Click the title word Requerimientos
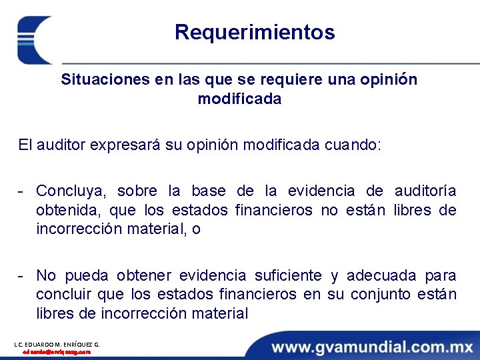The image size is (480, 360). click(x=255, y=32)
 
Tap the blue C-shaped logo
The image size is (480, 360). click(x=33, y=40)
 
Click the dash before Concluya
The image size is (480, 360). click(x=22, y=191)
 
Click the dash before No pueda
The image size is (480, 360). click(x=22, y=275)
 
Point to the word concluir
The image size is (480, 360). click(x=64, y=295)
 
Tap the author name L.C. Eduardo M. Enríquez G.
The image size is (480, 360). click(x=57, y=344)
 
